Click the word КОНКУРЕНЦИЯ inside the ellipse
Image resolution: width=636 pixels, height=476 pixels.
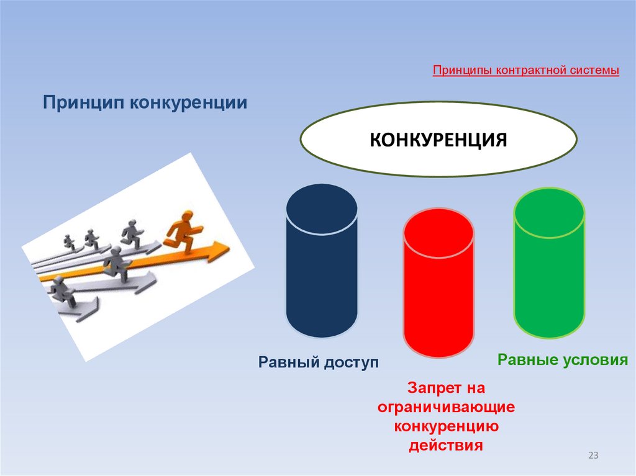[438, 139]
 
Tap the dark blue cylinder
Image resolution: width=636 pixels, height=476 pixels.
[322, 267]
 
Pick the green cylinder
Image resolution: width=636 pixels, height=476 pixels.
[549, 267]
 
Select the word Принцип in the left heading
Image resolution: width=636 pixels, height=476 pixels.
[83, 101]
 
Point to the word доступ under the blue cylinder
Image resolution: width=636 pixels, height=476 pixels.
[349, 362]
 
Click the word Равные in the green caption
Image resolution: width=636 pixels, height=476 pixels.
[526, 360]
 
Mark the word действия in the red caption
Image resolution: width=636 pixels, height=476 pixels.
[445, 446]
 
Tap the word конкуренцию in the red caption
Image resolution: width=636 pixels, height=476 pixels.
[445, 427]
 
